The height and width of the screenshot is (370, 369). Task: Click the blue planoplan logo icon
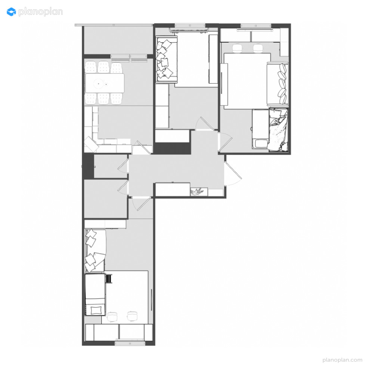tap(11, 12)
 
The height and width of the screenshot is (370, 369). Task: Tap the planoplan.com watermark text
tap(342, 360)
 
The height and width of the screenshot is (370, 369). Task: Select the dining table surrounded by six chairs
tap(105, 83)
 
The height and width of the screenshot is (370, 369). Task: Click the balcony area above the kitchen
tap(118, 40)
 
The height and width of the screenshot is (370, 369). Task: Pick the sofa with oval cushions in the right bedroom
tap(277, 84)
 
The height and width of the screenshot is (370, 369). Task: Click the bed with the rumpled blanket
tap(278, 130)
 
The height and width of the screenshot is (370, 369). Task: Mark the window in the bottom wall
tap(130, 343)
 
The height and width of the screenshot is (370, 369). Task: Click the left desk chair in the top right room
tap(237, 48)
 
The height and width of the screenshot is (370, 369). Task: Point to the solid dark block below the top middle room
tap(172, 148)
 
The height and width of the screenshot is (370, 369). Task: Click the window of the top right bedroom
tap(256, 26)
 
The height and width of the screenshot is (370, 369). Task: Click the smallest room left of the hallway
tap(111, 166)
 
